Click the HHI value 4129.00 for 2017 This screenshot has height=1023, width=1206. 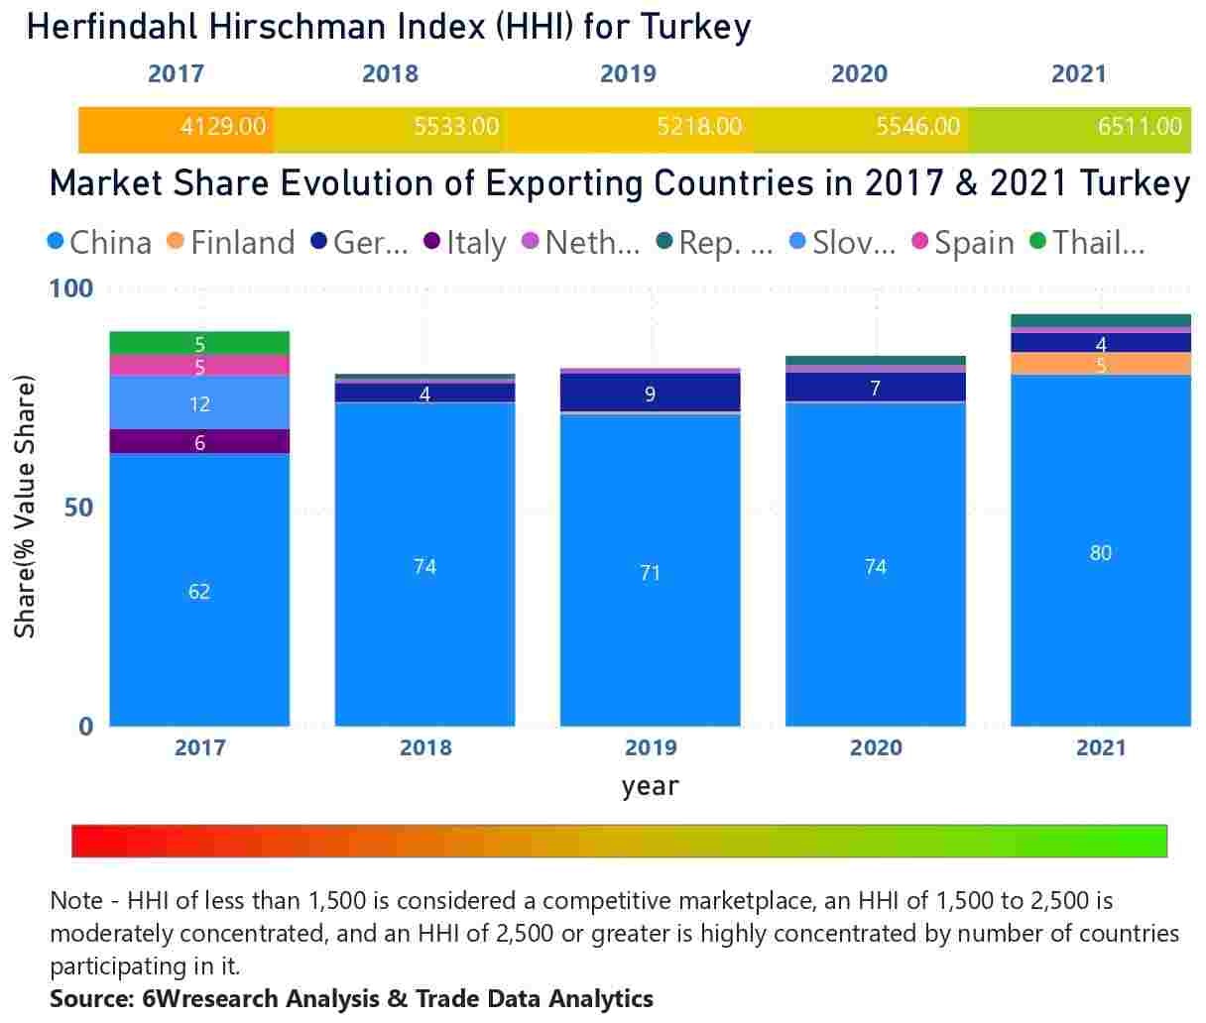[x=223, y=127]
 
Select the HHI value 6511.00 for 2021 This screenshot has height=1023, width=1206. [x=1140, y=127]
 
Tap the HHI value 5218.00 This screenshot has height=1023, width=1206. [x=699, y=127]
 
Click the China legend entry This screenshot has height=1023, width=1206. [x=99, y=243]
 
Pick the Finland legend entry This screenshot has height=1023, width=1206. [x=231, y=243]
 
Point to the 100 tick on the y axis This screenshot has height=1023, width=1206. [x=70, y=288]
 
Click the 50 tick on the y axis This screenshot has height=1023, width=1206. [x=77, y=508]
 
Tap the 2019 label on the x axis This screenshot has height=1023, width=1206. [x=651, y=747]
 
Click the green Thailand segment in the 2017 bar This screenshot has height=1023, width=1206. [x=199, y=343]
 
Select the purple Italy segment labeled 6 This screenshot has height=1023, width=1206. [x=199, y=442]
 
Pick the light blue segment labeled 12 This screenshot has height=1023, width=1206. [x=199, y=403]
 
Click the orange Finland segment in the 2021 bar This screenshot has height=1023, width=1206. [x=1101, y=365]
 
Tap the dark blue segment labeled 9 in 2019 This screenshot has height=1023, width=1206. [x=651, y=394]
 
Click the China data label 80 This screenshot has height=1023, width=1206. [x=1101, y=553]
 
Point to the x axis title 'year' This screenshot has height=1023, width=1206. [x=651, y=786]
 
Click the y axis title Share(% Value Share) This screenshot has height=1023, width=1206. [x=25, y=507]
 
